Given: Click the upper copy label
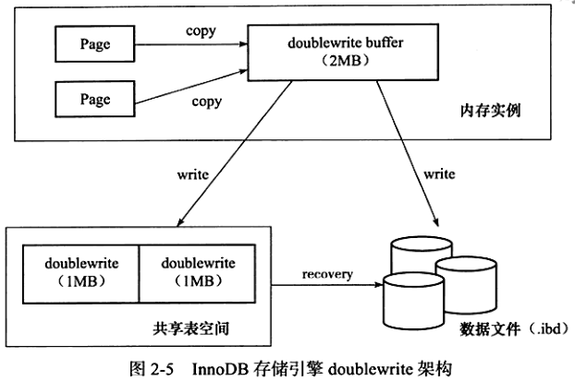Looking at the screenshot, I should coord(200,30).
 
